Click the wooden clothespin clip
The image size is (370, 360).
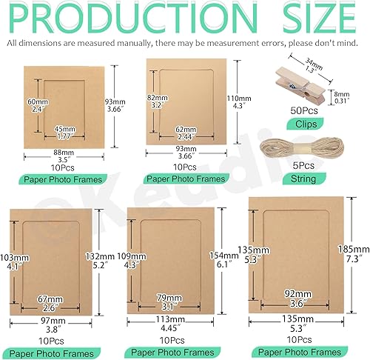[x=301, y=87]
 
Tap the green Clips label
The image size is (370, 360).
[x=306, y=124]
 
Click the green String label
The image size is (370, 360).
[x=303, y=179]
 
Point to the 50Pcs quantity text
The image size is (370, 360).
[x=304, y=110]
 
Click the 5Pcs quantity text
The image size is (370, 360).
[x=303, y=165]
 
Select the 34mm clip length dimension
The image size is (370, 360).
[x=314, y=64]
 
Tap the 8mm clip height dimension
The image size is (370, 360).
[x=342, y=94]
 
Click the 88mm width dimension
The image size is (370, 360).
[x=64, y=153]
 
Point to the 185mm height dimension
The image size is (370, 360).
[x=354, y=249]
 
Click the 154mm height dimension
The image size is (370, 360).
[x=223, y=256]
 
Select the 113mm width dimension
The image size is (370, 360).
[x=170, y=319]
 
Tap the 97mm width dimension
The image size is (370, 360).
[x=53, y=321]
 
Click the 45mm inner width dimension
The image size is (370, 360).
[x=65, y=129]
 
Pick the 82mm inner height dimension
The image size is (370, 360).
[x=157, y=98]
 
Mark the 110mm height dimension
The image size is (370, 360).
[x=239, y=99]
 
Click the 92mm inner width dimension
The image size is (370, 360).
[x=298, y=294]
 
